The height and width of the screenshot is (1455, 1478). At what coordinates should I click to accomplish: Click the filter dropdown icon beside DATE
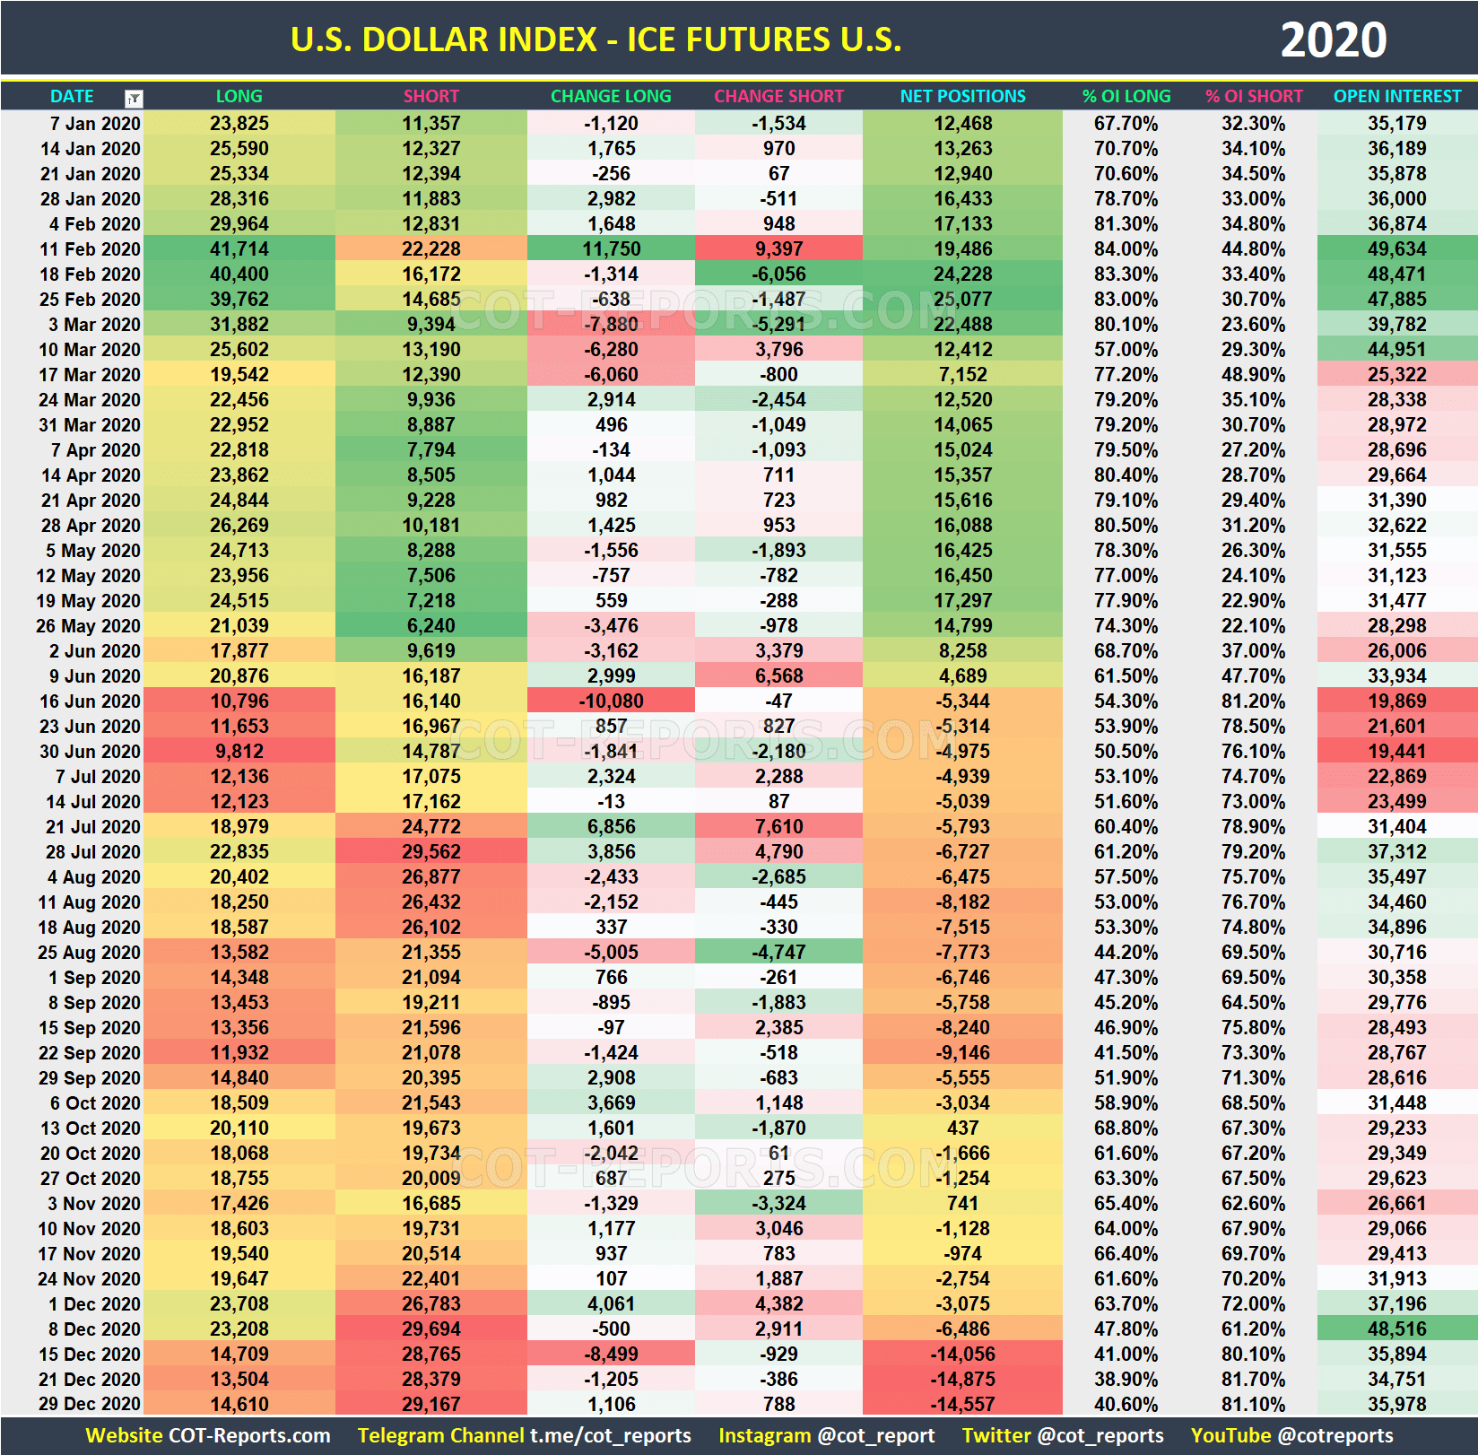[134, 98]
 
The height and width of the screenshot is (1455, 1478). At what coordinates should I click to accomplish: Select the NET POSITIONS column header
[962, 96]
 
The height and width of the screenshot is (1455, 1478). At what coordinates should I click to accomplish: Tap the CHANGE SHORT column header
[778, 96]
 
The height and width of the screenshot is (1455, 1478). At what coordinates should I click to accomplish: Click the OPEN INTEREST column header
[1396, 96]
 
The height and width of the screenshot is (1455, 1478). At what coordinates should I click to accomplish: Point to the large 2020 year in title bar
[1333, 40]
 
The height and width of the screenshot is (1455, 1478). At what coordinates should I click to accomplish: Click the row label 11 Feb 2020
[90, 249]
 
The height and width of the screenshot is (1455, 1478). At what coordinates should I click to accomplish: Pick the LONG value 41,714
[239, 249]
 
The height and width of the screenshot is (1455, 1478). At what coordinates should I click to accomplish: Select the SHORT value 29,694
[430, 1329]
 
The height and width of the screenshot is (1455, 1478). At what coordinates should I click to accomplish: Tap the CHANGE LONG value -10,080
[611, 701]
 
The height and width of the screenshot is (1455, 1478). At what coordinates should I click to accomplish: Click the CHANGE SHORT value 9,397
[778, 249]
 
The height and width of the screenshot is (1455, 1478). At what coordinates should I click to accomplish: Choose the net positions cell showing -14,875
[962, 1380]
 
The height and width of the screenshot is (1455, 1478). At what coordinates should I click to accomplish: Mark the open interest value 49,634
[1396, 249]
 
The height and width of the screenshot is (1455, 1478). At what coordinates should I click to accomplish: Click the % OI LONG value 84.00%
[1126, 249]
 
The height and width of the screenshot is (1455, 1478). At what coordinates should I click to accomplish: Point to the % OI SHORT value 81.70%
[1253, 1380]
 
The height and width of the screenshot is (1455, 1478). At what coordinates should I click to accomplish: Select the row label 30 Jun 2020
[90, 752]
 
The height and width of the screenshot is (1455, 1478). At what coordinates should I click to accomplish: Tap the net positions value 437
[962, 1128]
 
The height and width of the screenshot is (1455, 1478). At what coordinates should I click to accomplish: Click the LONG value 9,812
[239, 752]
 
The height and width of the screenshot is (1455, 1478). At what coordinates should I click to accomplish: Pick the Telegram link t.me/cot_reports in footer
[610, 1436]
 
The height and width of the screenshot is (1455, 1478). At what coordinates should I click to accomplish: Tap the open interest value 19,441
[1396, 752]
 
